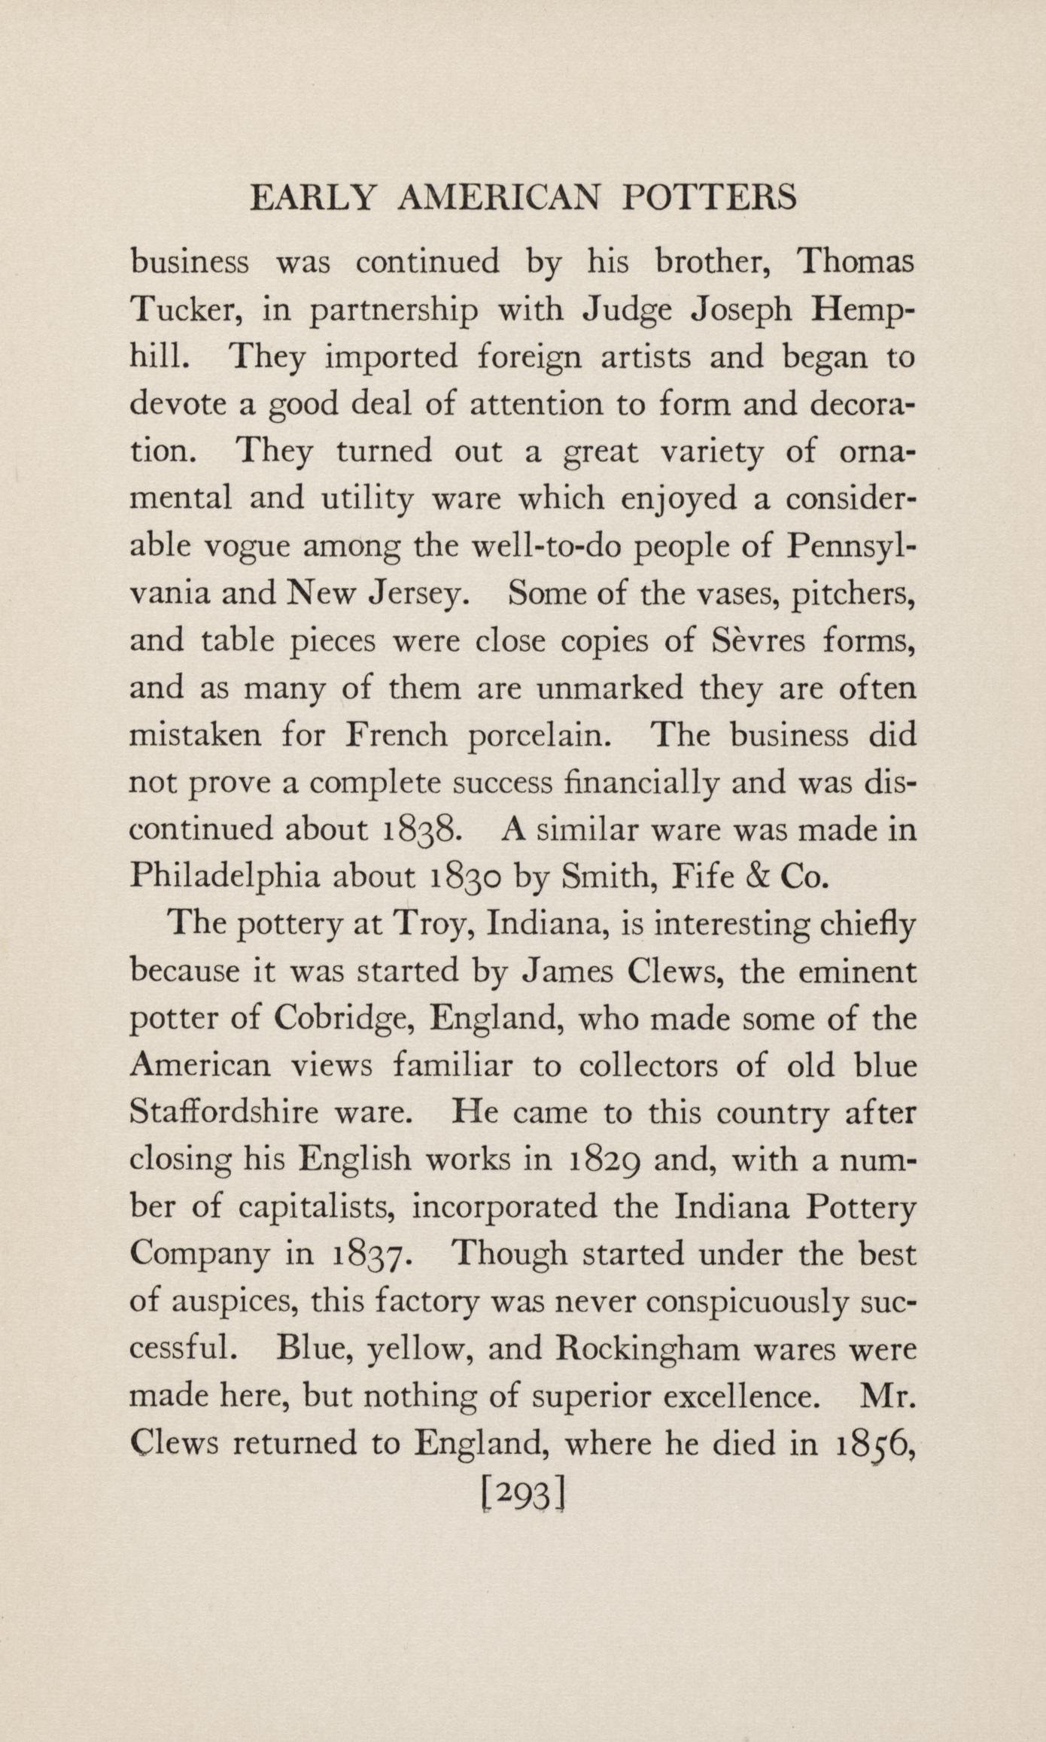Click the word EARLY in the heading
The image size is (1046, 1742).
pos(312,198)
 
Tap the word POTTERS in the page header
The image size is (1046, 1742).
pos(710,198)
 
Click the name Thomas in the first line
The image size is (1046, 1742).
pos(855,262)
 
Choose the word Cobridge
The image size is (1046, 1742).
pos(342,1019)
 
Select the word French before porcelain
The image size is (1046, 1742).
pos(396,735)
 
